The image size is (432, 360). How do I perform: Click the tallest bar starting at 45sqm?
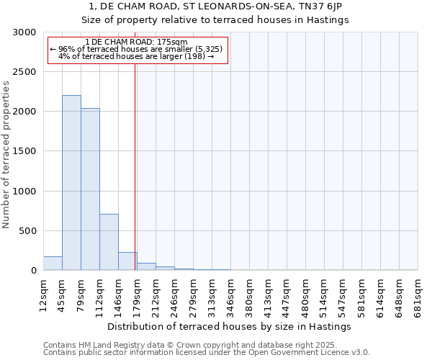coord(71,183)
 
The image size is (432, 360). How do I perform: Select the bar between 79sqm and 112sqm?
coord(90,189)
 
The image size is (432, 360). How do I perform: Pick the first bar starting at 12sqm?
coord(53,264)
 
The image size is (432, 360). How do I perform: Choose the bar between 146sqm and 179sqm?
coord(127,261)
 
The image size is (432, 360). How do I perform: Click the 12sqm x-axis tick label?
coord(43,292)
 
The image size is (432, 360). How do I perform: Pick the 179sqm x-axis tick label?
coord(137,292)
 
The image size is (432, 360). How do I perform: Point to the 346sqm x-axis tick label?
coord(230,292)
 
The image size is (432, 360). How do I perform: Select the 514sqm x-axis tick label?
coord(324,292)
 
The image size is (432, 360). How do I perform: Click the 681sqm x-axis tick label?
coord(418,292)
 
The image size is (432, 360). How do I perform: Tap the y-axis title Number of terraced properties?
coord(6,155)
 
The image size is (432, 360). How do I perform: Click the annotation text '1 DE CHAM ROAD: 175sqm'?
coord(136,42)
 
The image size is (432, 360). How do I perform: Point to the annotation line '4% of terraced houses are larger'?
coord(136,56)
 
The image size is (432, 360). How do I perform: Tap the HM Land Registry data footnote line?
coord(206,346)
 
